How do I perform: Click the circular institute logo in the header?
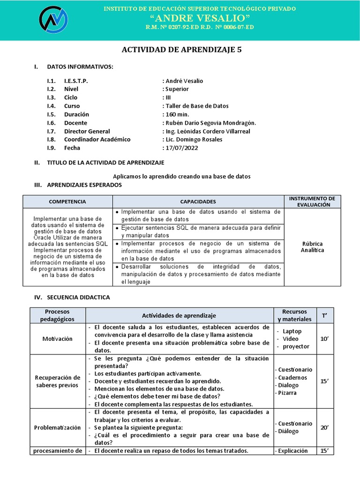point(53,20)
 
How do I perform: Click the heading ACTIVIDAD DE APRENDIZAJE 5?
point(182,50)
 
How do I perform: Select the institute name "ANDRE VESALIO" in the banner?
point(199,18)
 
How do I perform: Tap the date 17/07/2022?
point(182,148)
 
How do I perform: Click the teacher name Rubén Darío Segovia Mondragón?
point(210,123)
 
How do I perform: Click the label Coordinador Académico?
point(97,140)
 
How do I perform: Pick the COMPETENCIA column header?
point(68,202)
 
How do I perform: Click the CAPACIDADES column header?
point(198,202)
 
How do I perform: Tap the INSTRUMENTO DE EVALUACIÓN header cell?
point(313,202)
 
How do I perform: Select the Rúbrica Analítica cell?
point(313,247)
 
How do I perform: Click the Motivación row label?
point(58,339)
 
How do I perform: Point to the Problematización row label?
point(58,427)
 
